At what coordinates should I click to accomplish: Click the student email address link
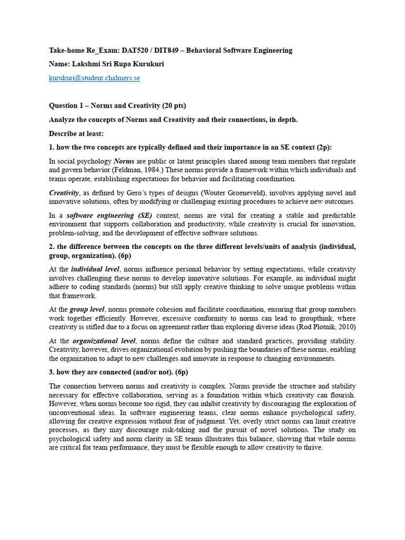94,78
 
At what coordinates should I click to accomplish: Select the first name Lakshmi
87,64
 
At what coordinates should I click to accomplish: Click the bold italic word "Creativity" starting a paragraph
64,193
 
